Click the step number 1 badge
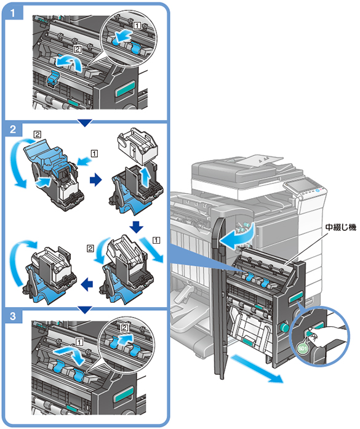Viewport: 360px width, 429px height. tap(13, 12)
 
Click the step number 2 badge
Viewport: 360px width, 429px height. tap(13, 129)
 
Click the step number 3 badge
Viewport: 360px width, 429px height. tap(13, 316)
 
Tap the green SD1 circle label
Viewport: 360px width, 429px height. tap(303, 348)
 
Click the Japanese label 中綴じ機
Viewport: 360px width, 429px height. tap(340, 227)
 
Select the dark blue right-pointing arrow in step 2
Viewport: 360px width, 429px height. tap(95, 180)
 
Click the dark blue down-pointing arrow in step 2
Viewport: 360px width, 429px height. tap(136, 227)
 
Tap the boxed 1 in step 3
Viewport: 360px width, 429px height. tap(79, 342)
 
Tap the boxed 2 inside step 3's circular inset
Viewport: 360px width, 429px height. tap(124, 327)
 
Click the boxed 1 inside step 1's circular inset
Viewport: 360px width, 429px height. tap(137, 26)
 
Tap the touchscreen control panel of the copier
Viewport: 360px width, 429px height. tap(301, 186)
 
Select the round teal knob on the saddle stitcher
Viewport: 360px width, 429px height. tap(284, 327)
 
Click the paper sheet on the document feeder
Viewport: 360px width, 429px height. tap(260, 159)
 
